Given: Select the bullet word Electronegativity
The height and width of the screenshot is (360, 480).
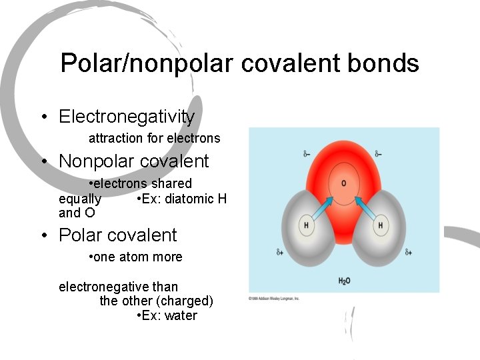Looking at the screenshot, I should pyautogui.click(x=127, y=117).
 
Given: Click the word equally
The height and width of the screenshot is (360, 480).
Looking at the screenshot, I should pyautogui.click(x=80, y=199).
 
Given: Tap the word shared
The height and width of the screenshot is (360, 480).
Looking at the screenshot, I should pyautogui.click(x=171, y=183).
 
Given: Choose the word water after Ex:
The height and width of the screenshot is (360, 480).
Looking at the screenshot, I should pyautogui.click(x=181, y=316).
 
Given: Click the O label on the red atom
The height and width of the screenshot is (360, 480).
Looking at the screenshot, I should pyautogui.click(x=343, y=183).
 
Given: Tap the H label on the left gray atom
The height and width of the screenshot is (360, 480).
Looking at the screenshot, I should pyautogui.click(x=306, y=225).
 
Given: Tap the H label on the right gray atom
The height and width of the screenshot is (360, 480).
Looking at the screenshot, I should pyautogui.click(x=380, y=225).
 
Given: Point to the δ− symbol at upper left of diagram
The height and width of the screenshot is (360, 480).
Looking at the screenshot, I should pyautogui.click(x=307, y=154).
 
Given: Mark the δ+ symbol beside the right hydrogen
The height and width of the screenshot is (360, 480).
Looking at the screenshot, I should pyautogui.click(x=408, y=253).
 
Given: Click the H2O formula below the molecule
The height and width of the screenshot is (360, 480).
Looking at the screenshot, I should pyautogui.click(x=344, y=281).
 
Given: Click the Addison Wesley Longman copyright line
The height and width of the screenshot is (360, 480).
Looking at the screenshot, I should pyautogui.click(x=273, y=298).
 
